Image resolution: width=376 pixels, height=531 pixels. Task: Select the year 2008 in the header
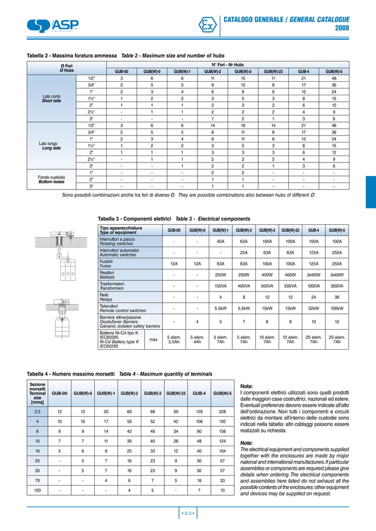point(342,28)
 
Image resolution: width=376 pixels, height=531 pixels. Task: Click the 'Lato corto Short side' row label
point(52,98)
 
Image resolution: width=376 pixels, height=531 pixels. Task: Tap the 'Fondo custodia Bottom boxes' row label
point(51,178)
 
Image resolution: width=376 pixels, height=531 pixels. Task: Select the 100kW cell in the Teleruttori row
point(337,308)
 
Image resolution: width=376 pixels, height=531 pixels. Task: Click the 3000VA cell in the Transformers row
point(337,286)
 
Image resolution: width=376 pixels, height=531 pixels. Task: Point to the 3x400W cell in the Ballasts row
point(337,274)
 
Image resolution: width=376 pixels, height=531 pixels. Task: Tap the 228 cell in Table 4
point(222,411)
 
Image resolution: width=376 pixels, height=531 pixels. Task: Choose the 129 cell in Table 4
point(199,411)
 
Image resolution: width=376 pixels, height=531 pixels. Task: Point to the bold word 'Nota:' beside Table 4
point(247,386)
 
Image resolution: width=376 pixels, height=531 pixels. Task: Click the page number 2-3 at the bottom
point(187,514)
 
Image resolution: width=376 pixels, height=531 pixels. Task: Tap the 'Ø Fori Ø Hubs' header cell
point(67,68)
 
